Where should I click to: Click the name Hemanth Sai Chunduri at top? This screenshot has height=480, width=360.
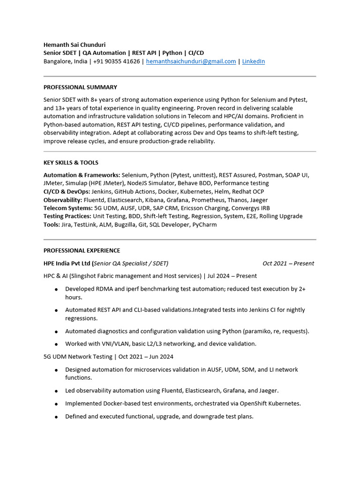click(x=75, y=45)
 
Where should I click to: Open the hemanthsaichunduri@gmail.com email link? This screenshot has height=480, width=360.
click(x=191, y=61)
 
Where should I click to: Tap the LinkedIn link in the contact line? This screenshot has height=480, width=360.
click(x=253, y=61)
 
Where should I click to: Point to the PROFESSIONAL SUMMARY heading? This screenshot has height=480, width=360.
click(x=80, y=87)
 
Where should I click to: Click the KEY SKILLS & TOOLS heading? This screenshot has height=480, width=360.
click(x=71, y=163)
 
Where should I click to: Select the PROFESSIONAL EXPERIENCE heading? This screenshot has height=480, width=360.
click(x=82, y=250)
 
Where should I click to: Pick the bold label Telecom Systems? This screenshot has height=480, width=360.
click(x=68, y=208)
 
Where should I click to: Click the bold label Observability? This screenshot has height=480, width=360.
click(x=63, y=200)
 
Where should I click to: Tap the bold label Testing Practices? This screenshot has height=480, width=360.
click(x=67, y=216)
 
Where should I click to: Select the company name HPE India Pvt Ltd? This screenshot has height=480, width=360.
click(x=67, y=263)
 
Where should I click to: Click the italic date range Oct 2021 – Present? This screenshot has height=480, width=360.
click(x=288, y=263)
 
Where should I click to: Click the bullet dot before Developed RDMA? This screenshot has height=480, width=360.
click(x=56, y=290)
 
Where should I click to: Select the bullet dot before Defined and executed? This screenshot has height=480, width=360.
click(x=56, y=417)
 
